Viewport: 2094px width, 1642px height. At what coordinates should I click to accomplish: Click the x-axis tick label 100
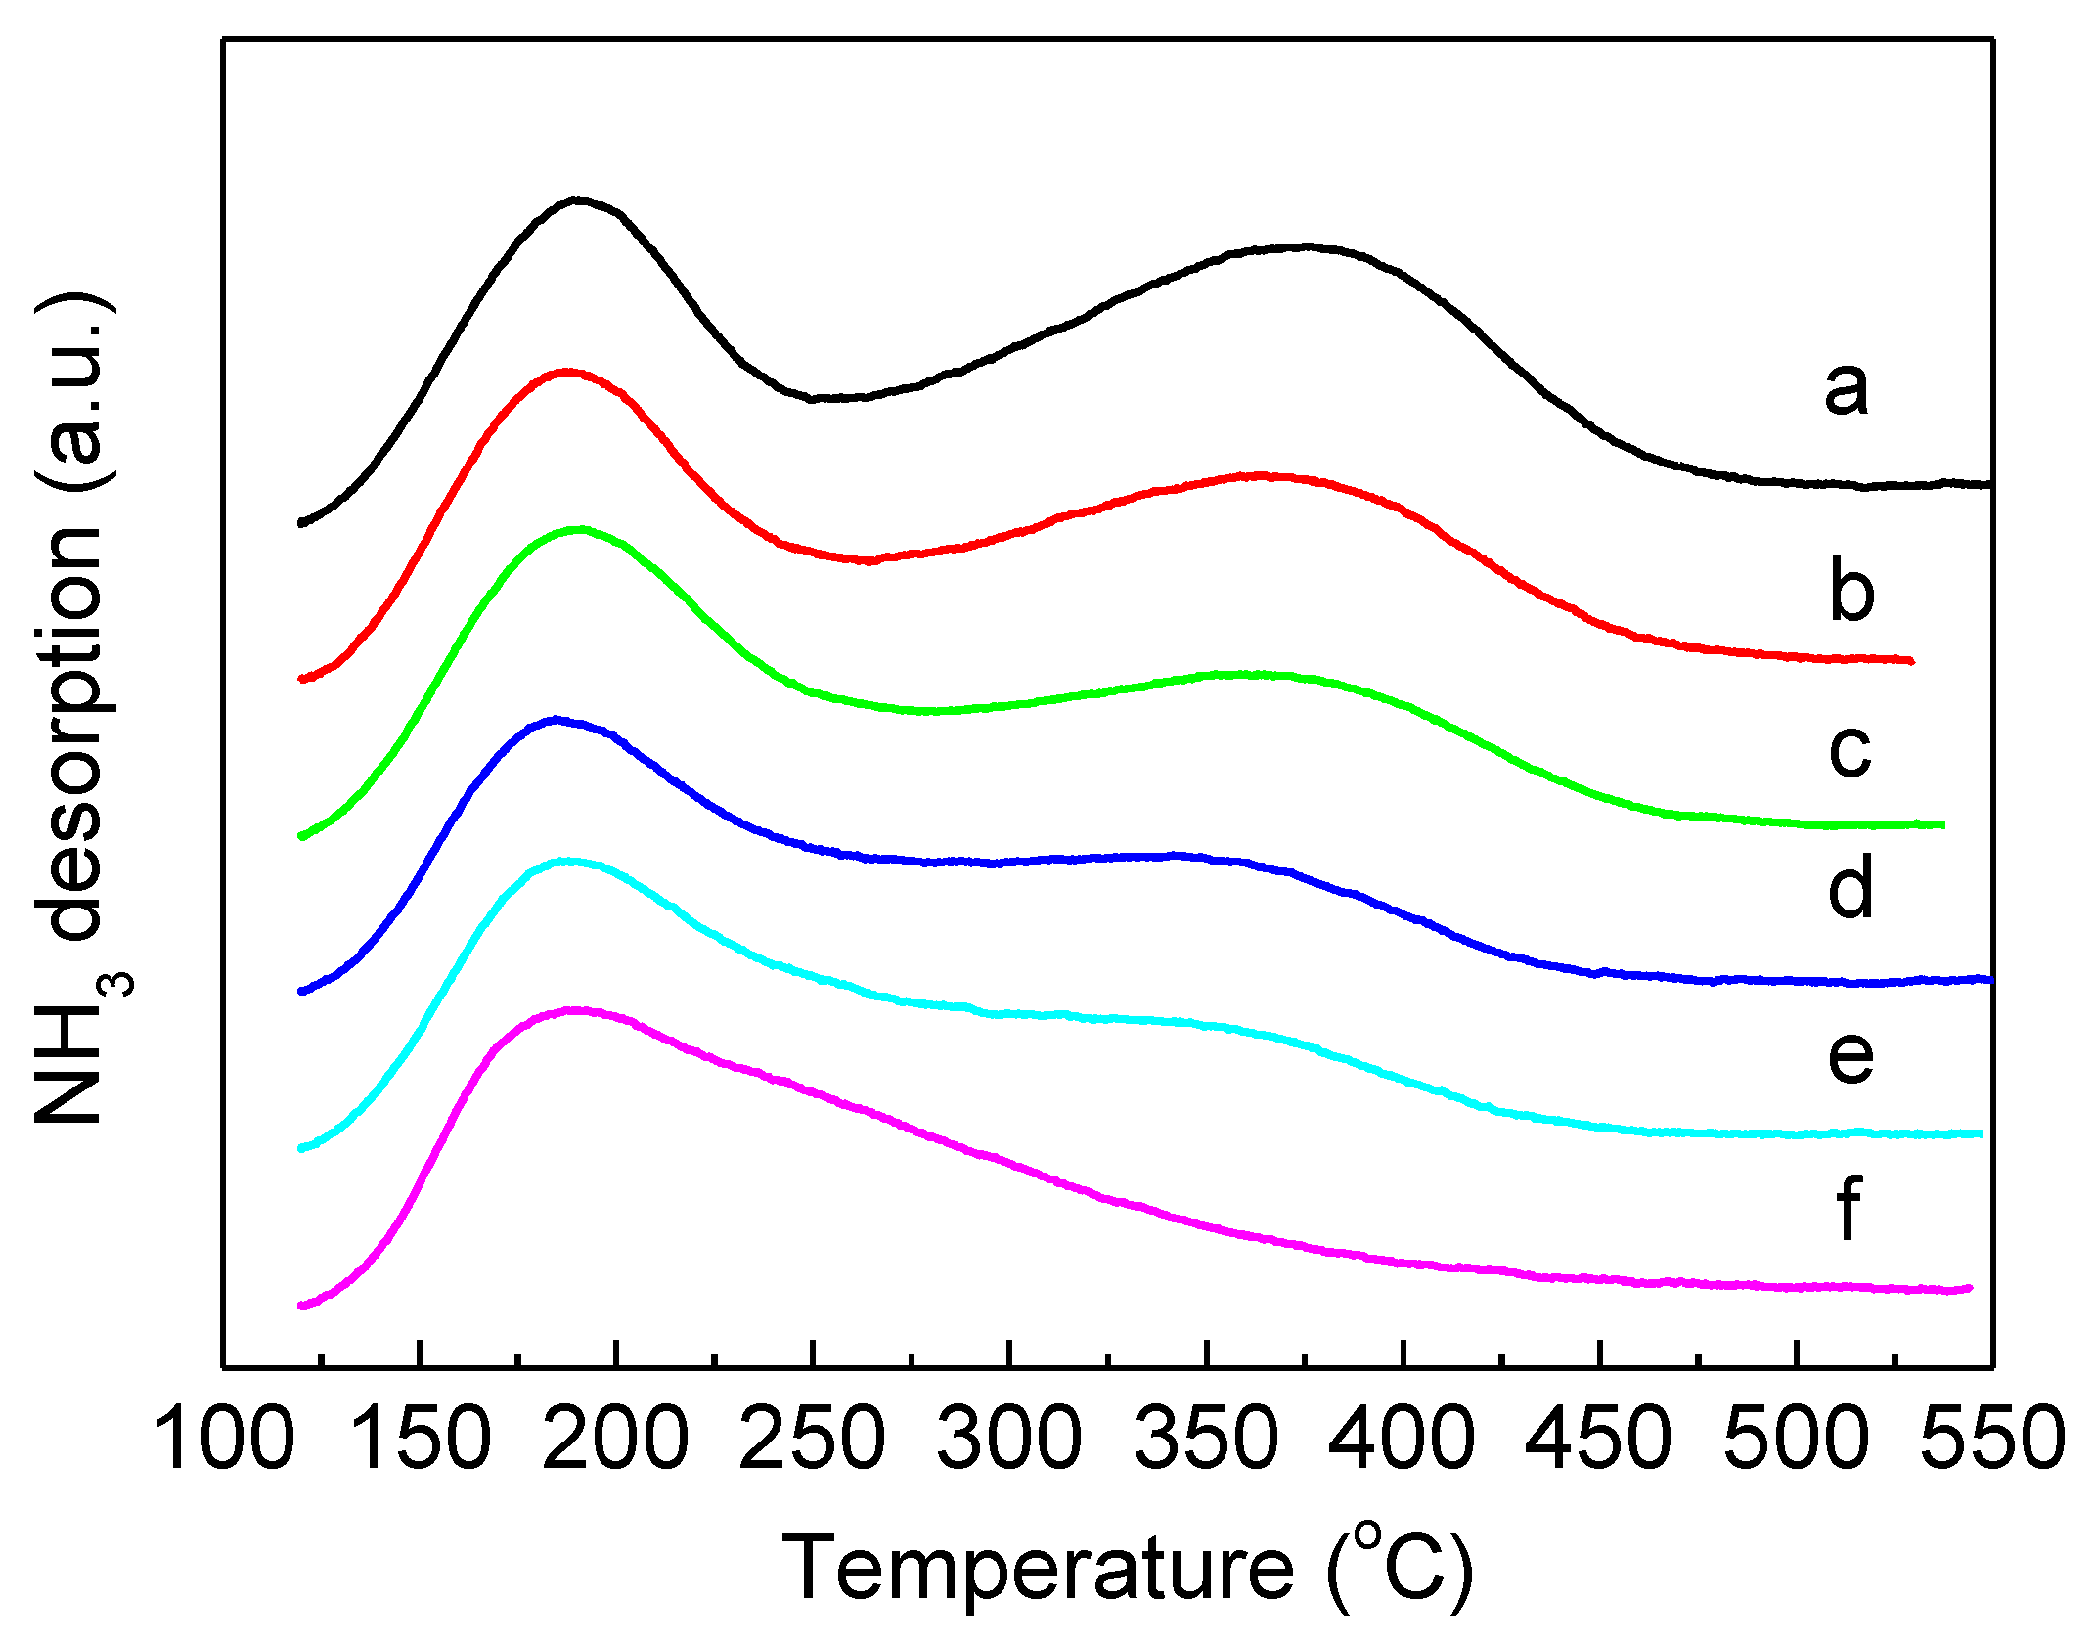[x=224, y=1439]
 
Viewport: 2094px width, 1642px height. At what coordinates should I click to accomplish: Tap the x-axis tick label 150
[x=420, y=1439]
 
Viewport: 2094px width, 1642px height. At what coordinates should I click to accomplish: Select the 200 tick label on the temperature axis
[x=616, y=1439]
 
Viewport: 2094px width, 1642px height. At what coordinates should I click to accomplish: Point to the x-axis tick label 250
[x=813, y=1439]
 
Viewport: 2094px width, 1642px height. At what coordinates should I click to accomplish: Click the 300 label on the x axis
[x=1009, y=1439]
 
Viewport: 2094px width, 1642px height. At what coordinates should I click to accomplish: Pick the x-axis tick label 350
[x=1207, y=1439]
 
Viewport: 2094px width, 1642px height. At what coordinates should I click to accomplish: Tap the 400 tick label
[x=1403, y=1439]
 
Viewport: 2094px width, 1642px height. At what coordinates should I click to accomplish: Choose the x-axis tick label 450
[x=1600, y=1439]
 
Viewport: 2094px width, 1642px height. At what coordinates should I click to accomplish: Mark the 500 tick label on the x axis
[x=1797, y=1439]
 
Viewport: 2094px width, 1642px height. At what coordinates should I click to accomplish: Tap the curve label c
[x=1849, y=751]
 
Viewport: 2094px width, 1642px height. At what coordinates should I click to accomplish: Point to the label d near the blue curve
[x=1850, y=886]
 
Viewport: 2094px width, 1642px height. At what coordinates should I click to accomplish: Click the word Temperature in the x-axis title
[x=1038, y=1568]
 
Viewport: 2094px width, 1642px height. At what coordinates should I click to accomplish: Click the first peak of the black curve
[x=578, y=200]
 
